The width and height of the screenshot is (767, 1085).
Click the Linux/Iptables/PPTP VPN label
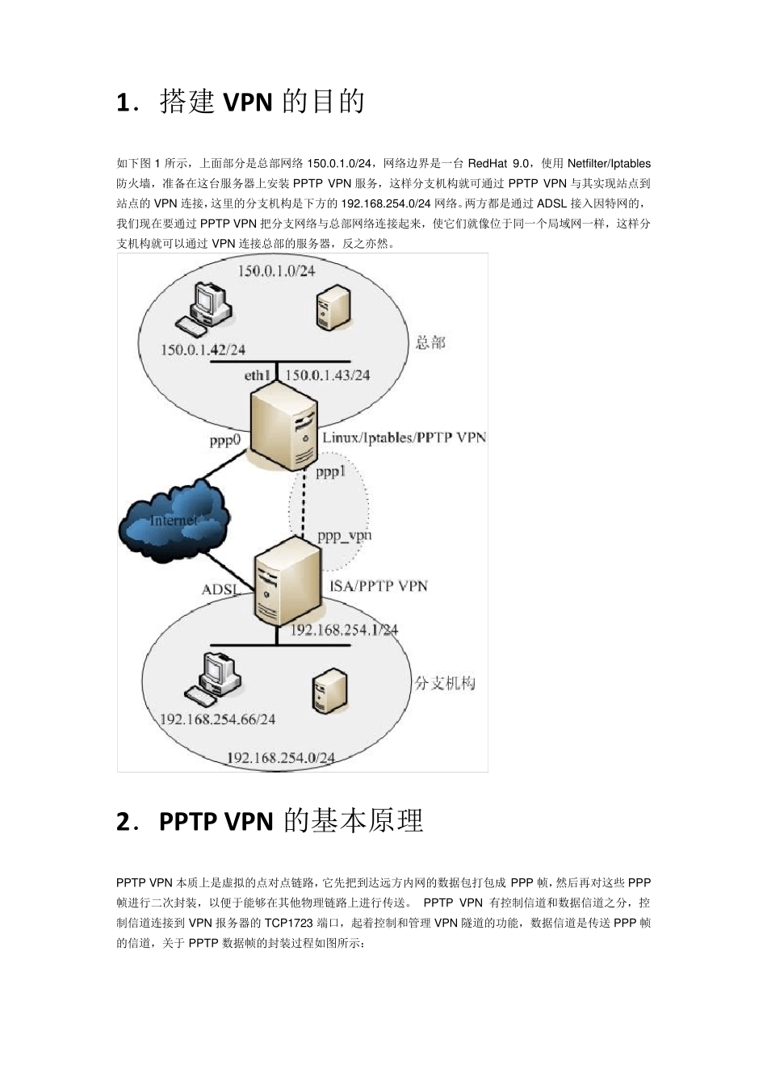pyautogui.click(x=404, y=438)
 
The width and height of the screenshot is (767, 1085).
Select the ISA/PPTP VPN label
pyautogui.click(x=379, y=585)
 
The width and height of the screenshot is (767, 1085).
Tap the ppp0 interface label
pyautogui.click(x=225, y=440)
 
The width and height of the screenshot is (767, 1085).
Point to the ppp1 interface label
pyautogui.click(x=330, y=472)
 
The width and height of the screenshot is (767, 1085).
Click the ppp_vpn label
pyautogui.click(x=344, y=535)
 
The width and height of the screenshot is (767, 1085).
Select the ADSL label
pyautogui.click(x=220, y=590)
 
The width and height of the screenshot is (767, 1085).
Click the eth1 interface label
pyautogui.click(x=258, y=375)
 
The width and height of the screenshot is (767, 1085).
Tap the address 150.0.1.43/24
pyautogui.click(x=328, y=375)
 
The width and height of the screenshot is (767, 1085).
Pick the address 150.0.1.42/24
pyautogui.click(x=203, y=350)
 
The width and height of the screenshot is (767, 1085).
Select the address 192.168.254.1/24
pyautogui.click(x=344, y=630)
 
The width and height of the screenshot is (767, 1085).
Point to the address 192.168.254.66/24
pyautogui.click(x=217, y=719)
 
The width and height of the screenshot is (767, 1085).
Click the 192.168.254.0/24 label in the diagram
pyautogui.click(x=280, y=758)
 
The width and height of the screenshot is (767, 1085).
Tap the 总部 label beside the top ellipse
pyautogui.click(x=430, y=342)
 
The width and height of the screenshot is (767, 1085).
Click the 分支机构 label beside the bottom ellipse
pyautogui.click(x=445, y=683)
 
